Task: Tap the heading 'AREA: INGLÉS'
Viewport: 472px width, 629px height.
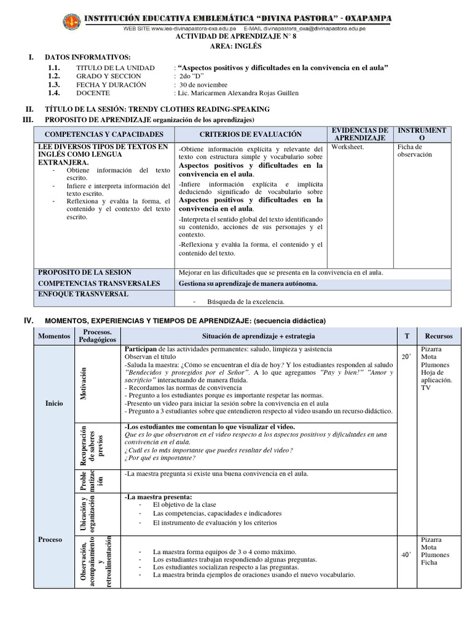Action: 237,45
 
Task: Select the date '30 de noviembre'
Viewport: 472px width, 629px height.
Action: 203,85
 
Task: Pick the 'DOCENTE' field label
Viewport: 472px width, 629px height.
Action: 93,93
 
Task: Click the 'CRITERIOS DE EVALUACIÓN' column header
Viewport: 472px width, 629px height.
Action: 250,134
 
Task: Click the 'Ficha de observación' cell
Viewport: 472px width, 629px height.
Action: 415,150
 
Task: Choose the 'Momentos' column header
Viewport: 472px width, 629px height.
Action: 54,337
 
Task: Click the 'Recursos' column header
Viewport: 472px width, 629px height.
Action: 438,337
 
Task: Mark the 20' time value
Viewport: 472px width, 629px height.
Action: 406,357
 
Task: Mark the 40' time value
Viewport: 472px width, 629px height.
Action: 406,555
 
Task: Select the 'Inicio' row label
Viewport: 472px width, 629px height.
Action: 54,404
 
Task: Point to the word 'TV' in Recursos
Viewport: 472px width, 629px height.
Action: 425,388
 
